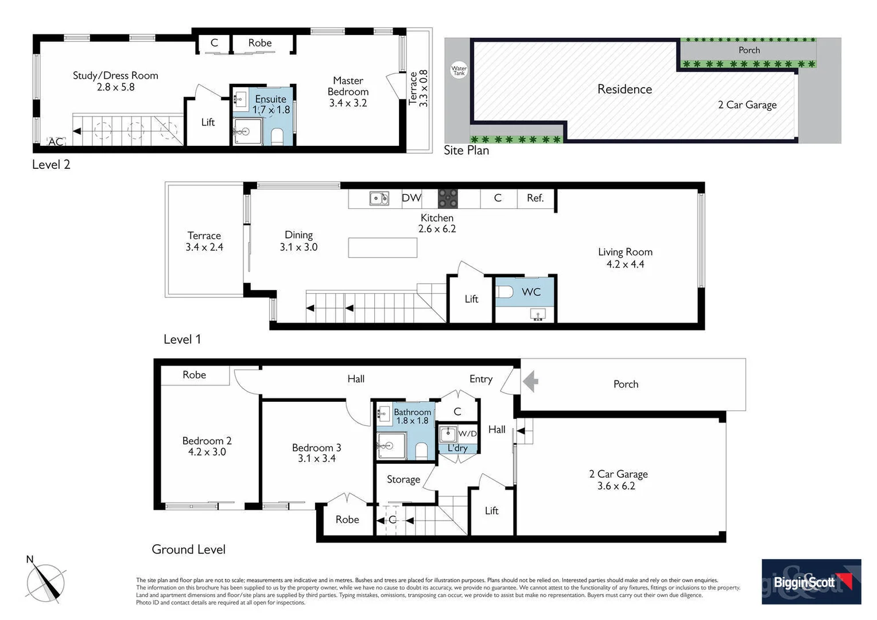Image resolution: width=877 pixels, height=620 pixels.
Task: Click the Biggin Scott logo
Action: point(811,582)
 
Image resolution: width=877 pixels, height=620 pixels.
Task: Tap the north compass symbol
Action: point(46,582)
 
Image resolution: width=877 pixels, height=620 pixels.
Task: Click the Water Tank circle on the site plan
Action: point(459,71)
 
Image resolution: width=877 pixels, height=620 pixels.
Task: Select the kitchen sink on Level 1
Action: point(379,199)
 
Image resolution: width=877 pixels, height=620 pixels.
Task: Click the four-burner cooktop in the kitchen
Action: point(448,199)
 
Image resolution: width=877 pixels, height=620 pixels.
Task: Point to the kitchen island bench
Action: point(382,247)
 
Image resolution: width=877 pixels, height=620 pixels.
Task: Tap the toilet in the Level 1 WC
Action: point(505,292)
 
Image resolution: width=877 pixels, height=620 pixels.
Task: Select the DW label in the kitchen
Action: point(411,198)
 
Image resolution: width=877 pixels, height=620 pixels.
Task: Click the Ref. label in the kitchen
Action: point(535,198)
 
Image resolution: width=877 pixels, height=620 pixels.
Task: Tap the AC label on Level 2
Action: point(56,142)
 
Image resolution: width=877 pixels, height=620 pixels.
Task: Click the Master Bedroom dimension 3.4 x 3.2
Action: point(348,103)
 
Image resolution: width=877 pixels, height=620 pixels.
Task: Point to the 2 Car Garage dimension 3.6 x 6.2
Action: point(616,486)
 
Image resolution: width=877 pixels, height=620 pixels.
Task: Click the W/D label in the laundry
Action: point(467,433)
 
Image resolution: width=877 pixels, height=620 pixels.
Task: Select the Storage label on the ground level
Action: point(403,479)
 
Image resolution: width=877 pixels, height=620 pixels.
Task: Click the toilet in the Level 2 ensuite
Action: point(277,137)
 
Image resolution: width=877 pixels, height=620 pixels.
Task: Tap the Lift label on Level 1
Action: point(471,299)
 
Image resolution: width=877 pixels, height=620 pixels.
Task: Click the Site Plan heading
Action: point(466,150)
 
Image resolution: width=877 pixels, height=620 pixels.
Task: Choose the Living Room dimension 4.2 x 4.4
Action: point(625,264)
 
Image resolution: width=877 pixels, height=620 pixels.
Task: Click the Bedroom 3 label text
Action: point(316,448)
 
